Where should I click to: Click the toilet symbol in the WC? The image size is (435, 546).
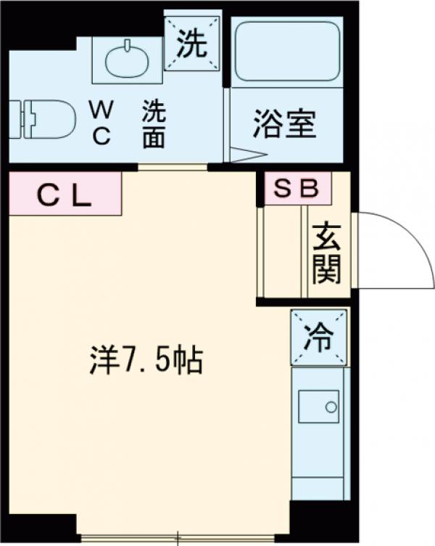51,117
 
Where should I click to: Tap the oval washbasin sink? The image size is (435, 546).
126,61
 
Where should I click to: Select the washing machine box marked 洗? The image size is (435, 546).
191,45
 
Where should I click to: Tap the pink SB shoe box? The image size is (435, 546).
297,188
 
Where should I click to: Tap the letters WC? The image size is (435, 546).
101,123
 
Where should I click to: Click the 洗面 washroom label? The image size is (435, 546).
153,125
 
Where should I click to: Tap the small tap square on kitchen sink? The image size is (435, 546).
333,403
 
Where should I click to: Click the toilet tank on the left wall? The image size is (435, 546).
17,117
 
